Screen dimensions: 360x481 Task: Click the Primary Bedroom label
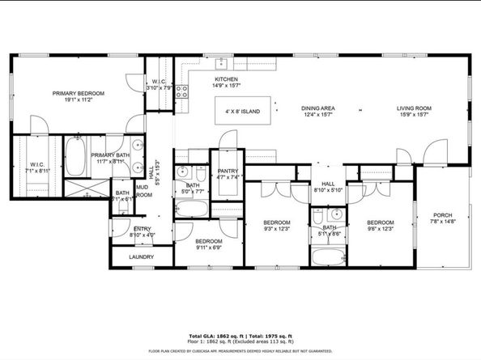click(74, 94)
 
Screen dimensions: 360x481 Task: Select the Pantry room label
click(227, 171)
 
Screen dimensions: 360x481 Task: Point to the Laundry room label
click(141, 258)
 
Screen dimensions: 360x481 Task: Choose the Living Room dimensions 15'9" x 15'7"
click(414, 115)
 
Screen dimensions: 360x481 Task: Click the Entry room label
click(143, 229)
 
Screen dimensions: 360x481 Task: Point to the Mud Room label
click(143, 191)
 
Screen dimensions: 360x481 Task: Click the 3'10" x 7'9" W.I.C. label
click(159, 84)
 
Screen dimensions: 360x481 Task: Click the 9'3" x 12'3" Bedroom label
click(276, 226)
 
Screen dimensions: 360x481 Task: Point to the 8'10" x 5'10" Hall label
click(328, 187)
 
